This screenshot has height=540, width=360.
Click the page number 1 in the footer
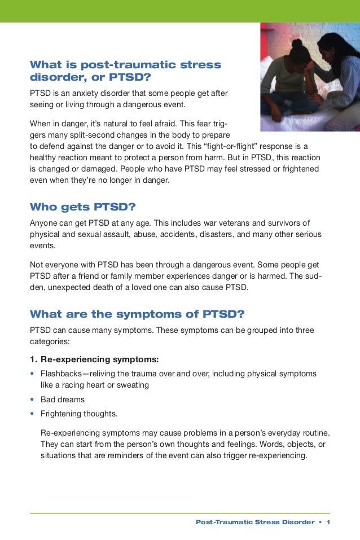pyautogui.click(x=328, y=522)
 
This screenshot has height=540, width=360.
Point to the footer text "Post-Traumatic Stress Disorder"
pyautogui.click(x=254, y=522)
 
